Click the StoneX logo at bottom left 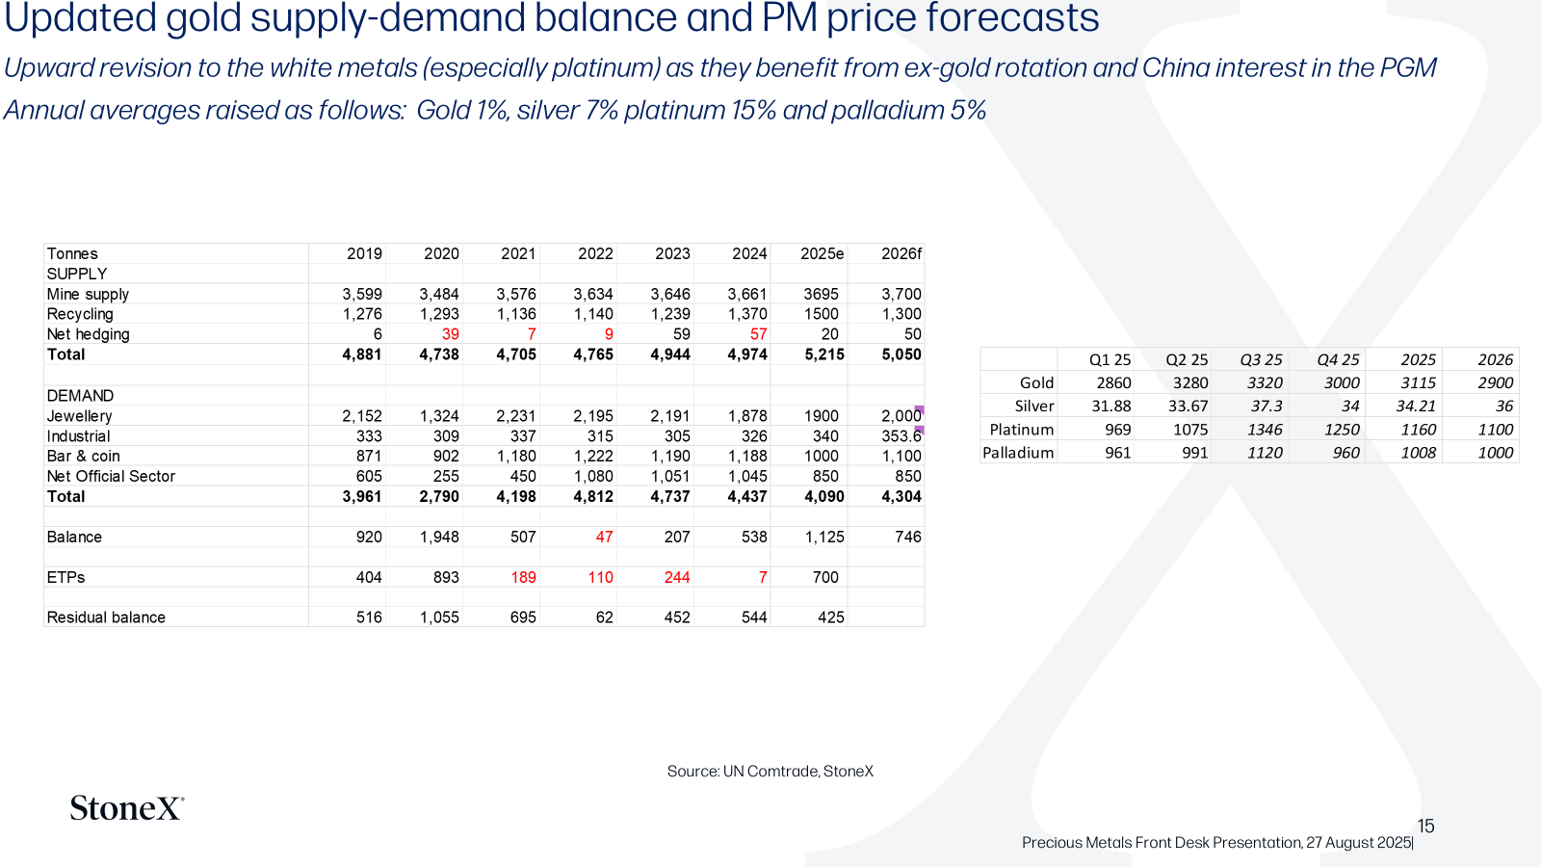pyautogui.click(x=126, y=808)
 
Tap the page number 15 pyautogui.click(x=1425, y=826)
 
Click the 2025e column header pyautogui.click(x=822, y=254)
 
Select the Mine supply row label pyautogui.click(x=88, y=295)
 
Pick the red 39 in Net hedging pyautogui.click(x=450, y=334)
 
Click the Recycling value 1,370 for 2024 pyautogui.click(x=746, y=314)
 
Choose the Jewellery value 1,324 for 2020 pyautogui.click(x=439, y=416)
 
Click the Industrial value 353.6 pyautogui.click(x=901, y=436)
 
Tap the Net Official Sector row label pyautogui.click(x=111, y=476)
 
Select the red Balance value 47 pyautogui.click(x=604, y=537)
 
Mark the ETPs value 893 pyautogui.click(x=446, y=577)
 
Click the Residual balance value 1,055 pyautogui.click(x=439, y=617)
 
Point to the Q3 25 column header pyautogui.click(x=1261, y=360)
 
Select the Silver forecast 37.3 pyautogui.click(x=1267, y=406)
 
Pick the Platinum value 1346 pyautogui.click(x=1265, y=430)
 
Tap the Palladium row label pyautogui.click(x=1018, y=453)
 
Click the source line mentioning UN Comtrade pyautogui.click(x=770, y=772)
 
